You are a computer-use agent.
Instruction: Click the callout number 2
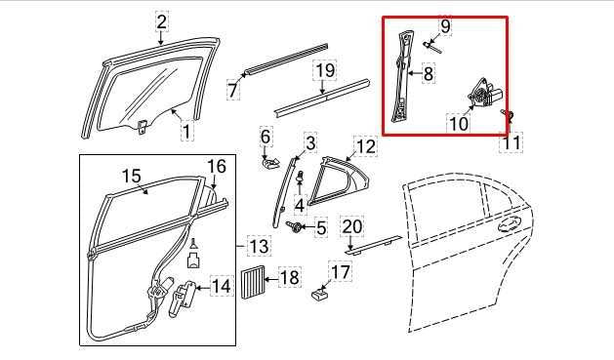point(161,20)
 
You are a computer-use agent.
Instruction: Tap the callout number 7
point(232,90)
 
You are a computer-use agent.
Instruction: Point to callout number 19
point(324,70)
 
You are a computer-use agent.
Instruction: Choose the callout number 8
point(428,72)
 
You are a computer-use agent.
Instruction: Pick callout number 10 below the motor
point(458,124)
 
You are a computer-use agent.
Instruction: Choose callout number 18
point(290,278)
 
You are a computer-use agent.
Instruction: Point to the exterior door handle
point(509,226)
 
